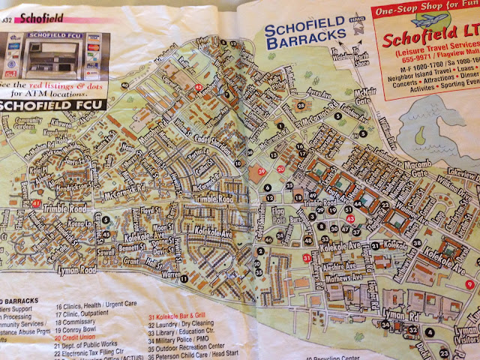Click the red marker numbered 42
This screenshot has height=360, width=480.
pyautogui.click(x=198, y=88)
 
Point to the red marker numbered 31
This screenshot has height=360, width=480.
pyautogui.click(x=307, y=259)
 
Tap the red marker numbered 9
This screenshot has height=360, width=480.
pyautogui.click(x=468, y=283)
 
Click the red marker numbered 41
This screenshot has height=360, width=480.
pyautogui.click(x=37, y=202)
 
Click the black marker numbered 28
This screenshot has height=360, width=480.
pyautogui.click(x=300, y=106)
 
